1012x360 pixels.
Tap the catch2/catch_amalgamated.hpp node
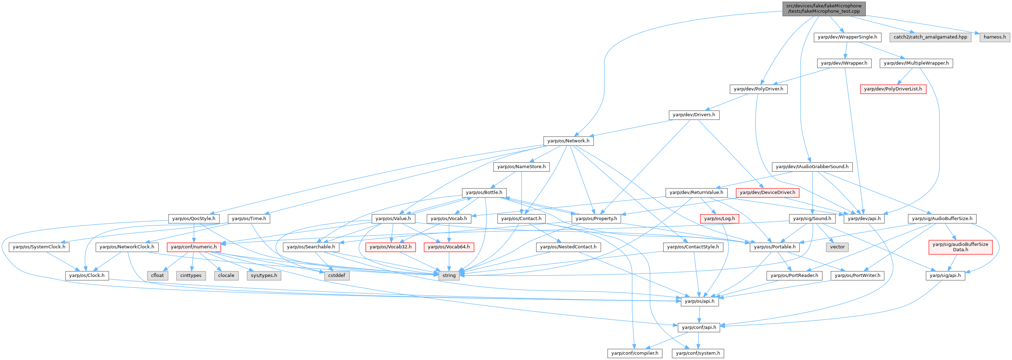point(930,37)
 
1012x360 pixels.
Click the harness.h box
point(994,37)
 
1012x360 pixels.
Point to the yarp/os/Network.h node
point(568,141)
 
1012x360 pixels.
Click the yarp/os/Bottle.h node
point(484,193)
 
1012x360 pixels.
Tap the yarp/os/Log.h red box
point(719,219)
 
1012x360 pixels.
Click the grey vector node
point(837,247)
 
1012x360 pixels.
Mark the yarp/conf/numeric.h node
point(193,247)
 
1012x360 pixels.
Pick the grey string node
point(449,276)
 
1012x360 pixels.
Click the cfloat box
point(157,276)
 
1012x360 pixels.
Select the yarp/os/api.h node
point(699,301)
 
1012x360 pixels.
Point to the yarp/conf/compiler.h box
point(634,353)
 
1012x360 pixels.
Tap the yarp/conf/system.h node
point(698,353)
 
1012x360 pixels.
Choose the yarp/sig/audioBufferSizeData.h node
point(960,247)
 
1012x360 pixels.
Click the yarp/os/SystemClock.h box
point(39,247)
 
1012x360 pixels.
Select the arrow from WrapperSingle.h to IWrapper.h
point(846,50)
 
